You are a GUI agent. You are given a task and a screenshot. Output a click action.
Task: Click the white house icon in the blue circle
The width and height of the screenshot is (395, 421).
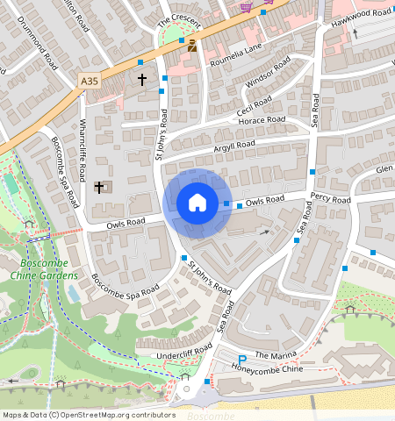[x=197, y=203]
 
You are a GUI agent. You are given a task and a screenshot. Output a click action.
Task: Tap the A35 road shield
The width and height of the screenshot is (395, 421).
[x=90, y=81]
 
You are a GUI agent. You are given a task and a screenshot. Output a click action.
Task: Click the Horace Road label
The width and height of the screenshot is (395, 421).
[x=265, y=120]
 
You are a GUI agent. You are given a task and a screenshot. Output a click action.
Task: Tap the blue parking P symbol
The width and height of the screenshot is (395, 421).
[x=243, y=360]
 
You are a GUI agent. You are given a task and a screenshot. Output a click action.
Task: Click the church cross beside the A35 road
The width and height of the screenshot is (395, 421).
[x=141, y=79]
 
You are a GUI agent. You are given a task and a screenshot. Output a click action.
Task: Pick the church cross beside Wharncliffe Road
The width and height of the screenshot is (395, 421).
[x=99, y=187]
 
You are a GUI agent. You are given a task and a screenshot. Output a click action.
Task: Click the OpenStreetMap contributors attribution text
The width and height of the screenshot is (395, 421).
[x=88, y=414]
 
